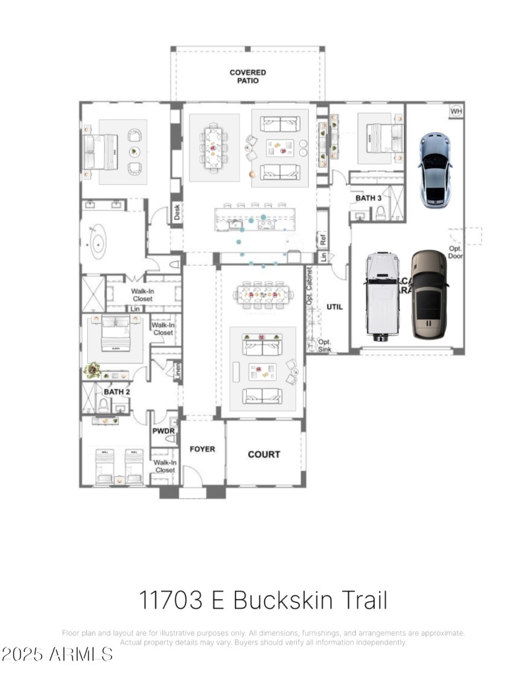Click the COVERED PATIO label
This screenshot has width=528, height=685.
[x=247, y=76]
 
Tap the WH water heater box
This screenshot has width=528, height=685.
[x=456, y=111]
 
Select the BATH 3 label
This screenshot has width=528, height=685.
[x=368, y=198]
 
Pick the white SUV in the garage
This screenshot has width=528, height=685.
[x=383, y=296]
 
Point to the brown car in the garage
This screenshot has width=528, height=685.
[x=429, y=294]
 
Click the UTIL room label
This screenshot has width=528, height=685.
[x=335, y=307]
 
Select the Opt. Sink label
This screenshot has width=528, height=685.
[x=325, y=345]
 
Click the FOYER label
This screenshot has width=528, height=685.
[x=203, y=449]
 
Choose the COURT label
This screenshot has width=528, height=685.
[x=264, y=454]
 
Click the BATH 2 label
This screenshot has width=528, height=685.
[x=116, y=392]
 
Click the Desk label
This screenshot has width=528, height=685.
[x=177, y=212]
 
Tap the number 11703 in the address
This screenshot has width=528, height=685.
[x=171, y=600]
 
